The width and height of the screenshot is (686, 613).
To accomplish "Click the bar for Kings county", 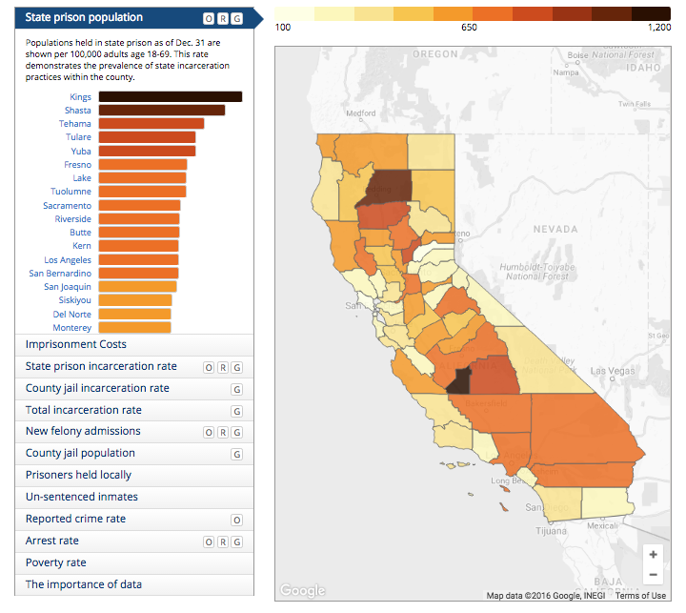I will (170, 96).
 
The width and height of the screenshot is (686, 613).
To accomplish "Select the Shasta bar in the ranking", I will (162, 111).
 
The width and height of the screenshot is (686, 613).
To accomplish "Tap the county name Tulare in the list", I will (78, 137).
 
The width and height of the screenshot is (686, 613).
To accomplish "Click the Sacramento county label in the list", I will (67, 206).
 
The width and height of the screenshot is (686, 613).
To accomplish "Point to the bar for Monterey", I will (134, 327).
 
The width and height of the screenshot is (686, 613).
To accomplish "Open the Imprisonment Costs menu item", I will (76, 344).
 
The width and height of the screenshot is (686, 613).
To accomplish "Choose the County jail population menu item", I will (80, 453).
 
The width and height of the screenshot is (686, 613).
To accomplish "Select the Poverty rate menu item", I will (56, 562).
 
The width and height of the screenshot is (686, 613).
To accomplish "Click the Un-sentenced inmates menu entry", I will (82, 497).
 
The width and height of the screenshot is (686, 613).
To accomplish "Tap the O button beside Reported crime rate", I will (236, 520).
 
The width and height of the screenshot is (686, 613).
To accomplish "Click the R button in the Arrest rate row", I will (222, 541).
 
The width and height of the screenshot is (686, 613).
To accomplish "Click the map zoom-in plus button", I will (653, 555).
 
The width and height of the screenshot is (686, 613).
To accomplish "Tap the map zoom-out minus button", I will (653, 575).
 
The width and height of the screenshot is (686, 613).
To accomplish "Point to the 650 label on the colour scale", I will (470, 28).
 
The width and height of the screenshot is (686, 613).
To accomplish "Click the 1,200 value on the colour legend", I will (658, 28).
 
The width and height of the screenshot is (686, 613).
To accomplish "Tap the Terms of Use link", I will (640, 596).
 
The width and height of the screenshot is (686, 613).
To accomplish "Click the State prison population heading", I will (85, 17).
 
